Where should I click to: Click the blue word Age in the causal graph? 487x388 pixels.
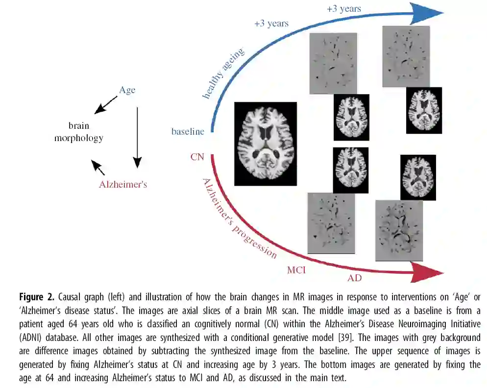pyautogui.click(x=127, y=90)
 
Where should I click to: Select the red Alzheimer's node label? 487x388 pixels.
pyautogui.click(x=123, y=185)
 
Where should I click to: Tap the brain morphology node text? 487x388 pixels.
pyautogui.click(x=78, y=132)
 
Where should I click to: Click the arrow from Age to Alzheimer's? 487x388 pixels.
pyautogui.click(x=137, y=137)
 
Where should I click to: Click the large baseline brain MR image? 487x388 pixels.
pyautogui.click(x=266, y=144)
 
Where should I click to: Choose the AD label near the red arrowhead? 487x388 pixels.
pyautogui.click(x=355, y=278)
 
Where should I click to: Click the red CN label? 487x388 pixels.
pyautogui.click(x=197, y=157)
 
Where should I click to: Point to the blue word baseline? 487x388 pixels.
pyautogui.click(x=188, y=131)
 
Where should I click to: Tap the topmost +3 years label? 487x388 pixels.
pyautogui.click(x=344, y=8)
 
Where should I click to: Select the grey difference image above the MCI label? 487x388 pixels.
pyautogui.click(x=331, y=222)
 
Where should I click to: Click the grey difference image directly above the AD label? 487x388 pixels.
pyautogui.click(x=398, y=230)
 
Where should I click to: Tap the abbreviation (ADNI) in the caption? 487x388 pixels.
pyautogui.click(x=34, y=338)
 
